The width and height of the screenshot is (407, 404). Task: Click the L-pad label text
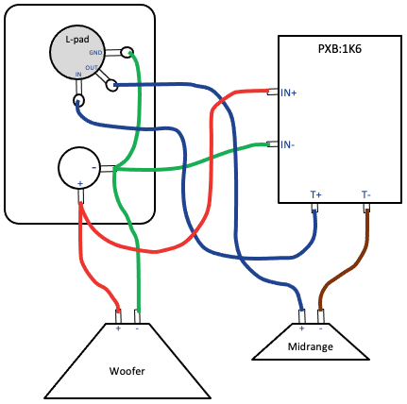tap(77, 40)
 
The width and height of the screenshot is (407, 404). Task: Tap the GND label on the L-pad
tap(95, 53)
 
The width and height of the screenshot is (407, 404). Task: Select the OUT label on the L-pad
tap(92, 68)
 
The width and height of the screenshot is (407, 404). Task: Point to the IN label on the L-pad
tap(78, 75)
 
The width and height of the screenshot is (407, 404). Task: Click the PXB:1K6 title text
tap(340, 49)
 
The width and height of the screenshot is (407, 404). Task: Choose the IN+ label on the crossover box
tap(289, 93)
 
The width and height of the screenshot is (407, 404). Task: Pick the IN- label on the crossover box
tap(288, 144)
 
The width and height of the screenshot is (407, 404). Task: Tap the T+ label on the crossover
tap(315, 195)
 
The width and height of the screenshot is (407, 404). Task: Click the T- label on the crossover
tap(366, 195)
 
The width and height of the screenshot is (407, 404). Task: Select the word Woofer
tap(127, 371)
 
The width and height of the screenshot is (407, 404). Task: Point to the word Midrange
tap(311, 346)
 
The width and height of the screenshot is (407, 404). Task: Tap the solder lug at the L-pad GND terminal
tap(127, 52)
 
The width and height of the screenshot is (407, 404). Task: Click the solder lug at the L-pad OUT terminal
tap(111, 86)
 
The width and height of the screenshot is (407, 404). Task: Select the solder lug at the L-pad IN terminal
tap(78, 101)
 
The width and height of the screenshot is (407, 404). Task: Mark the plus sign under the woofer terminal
tap(118, 328)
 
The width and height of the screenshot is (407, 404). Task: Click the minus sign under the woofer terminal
tap(137, 328)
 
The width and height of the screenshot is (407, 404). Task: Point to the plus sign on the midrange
tap(301, 328)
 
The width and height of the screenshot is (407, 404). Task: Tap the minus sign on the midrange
tap(321, 328)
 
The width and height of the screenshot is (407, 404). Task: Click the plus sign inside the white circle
tap(80, 184)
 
